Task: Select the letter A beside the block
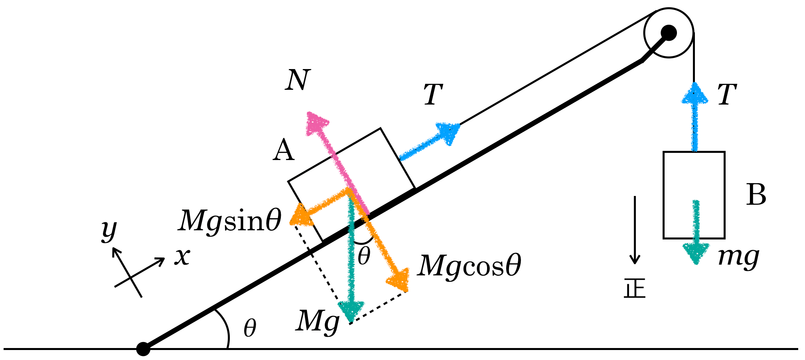(284, 150)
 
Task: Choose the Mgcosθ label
(469, 265)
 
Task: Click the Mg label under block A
(318, 321)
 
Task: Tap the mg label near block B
(738, 257)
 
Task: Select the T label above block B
(726, 95)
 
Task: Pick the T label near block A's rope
(434, 95)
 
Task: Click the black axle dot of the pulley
(669, 32)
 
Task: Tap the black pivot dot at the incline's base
(143, 348)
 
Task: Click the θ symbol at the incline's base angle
(250, 328)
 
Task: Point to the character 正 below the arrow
(635, 288)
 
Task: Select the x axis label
(182, 256)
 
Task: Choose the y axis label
(109, 230)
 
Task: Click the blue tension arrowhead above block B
(695, 93)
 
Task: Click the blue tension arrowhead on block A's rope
(448, 133)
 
